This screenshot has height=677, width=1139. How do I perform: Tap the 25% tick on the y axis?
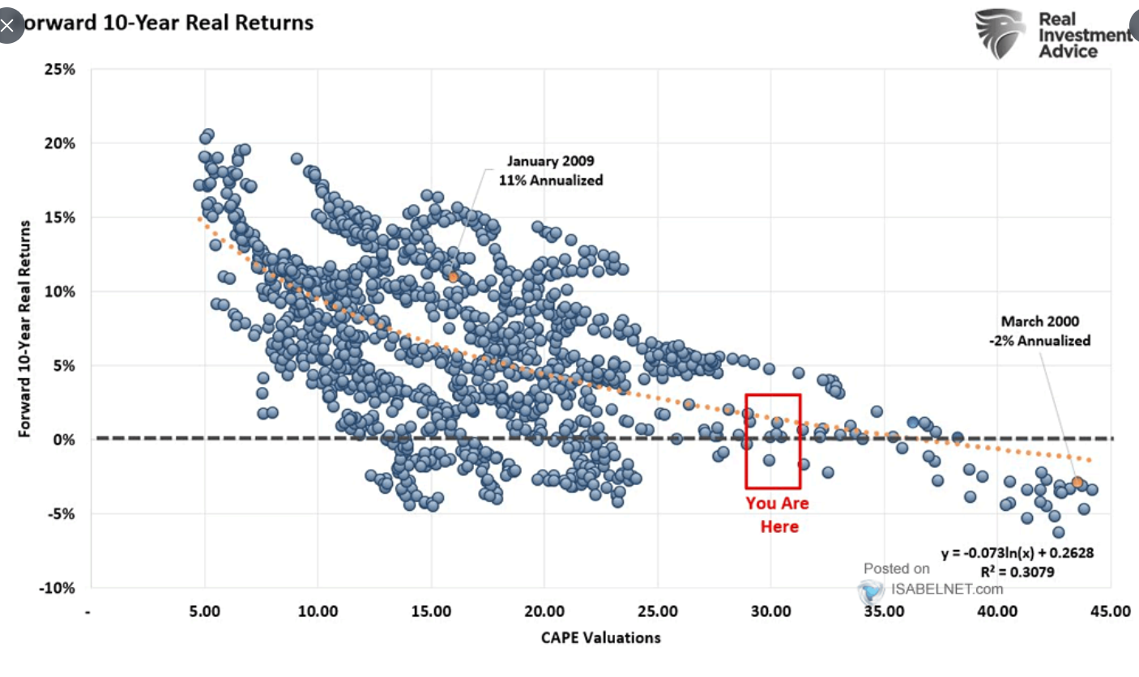coord(59,70)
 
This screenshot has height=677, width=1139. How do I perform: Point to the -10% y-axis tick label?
coord(56,588)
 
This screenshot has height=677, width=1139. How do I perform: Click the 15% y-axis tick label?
coord(59,218)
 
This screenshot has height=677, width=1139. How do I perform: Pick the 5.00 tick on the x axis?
coord(204,612)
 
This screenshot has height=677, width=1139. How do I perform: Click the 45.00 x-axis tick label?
coord(1110,612)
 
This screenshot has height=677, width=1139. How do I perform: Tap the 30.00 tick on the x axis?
coord(770,612)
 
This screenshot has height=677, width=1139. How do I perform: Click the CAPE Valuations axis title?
coord(600,638)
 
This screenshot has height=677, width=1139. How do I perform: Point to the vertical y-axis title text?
coord(26,329)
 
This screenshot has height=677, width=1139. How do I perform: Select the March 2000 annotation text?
coord(1039,331)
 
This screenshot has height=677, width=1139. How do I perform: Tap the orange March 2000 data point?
coord(1077,482)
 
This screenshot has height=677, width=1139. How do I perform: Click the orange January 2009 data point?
coord(454,277)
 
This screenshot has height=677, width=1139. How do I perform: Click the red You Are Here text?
coord(778,515)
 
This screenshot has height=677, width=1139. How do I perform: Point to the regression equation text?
coord(1017,554)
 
